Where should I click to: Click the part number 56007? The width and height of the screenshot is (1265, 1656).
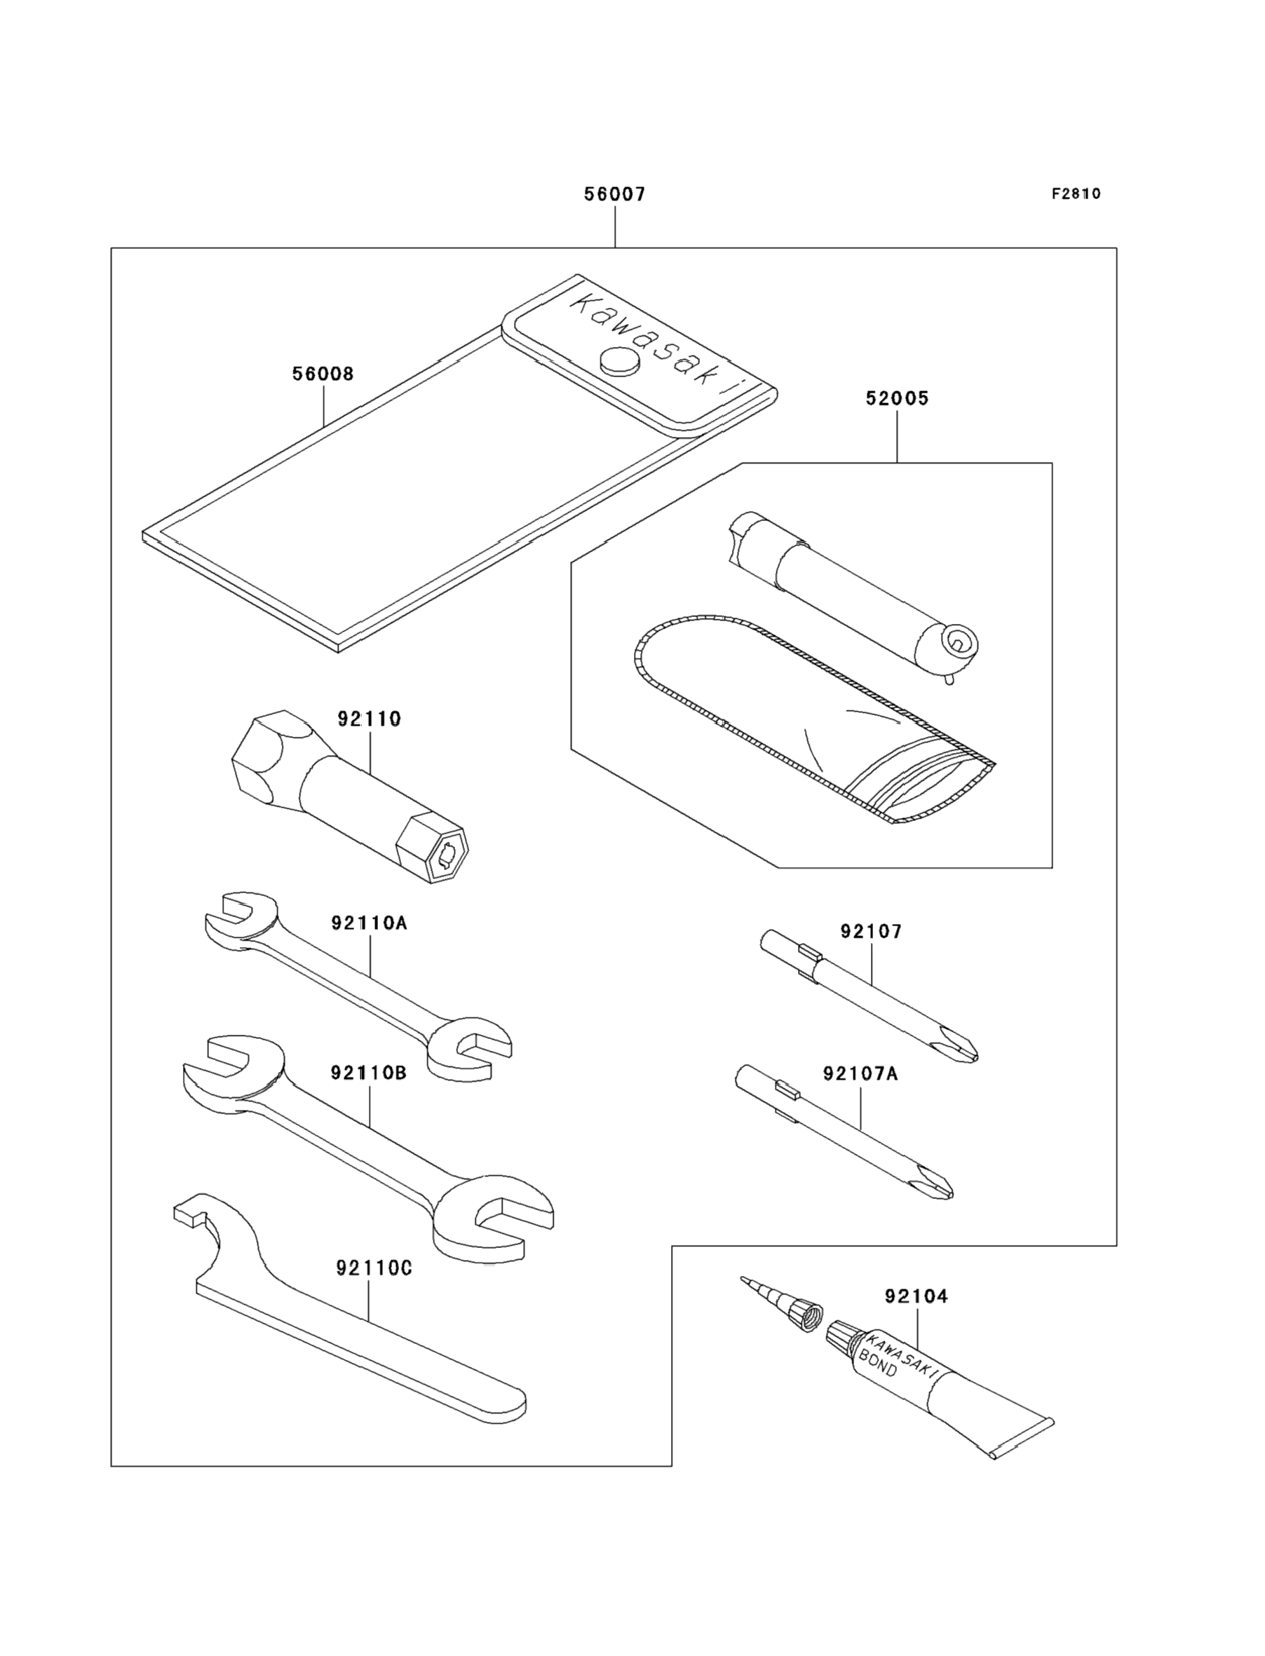(x=614, y=194)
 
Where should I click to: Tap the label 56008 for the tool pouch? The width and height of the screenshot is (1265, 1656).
(x=323, y=374)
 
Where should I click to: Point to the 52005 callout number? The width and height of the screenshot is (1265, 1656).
(x=897, y=398)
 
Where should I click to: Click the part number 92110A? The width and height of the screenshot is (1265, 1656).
(x=369, y=923)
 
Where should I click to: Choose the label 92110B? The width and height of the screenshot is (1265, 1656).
(x=368, y=1073)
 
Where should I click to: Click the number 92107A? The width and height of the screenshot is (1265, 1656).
(x=860, y=1073)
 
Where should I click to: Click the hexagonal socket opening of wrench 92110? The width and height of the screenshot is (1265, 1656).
(x=447, y=857)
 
